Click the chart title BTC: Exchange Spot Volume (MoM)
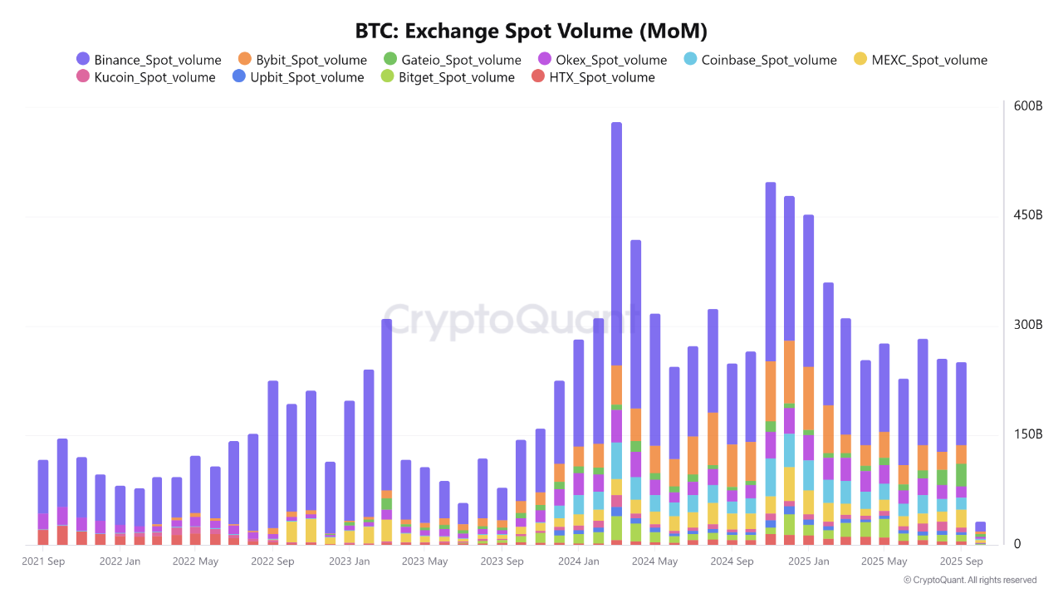point(531,32)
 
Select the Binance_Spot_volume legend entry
point(149,60)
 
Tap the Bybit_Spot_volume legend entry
point(302,60)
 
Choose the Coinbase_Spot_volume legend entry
point(760,60)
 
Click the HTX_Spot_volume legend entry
point(593,77)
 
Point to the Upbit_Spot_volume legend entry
point(298,77)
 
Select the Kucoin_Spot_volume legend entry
point(145,77)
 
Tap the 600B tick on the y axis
point(1027,106)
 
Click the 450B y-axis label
point(1027,216)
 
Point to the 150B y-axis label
point(1027,434)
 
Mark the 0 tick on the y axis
point(1017,544)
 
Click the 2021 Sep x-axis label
point(44,561)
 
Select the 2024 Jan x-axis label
point(579,561)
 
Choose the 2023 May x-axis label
point(424,561)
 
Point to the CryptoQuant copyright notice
point(969,580)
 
